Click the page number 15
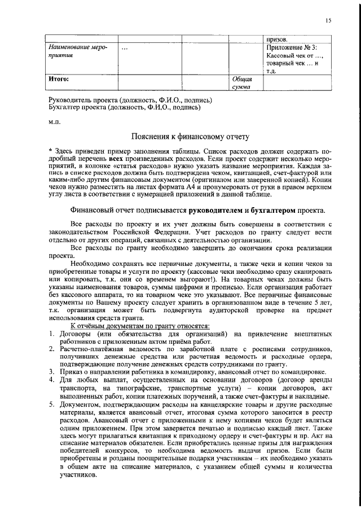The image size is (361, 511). [328, 21]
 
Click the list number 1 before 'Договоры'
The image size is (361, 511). [52, 334]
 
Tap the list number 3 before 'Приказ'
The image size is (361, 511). [52, 371]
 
